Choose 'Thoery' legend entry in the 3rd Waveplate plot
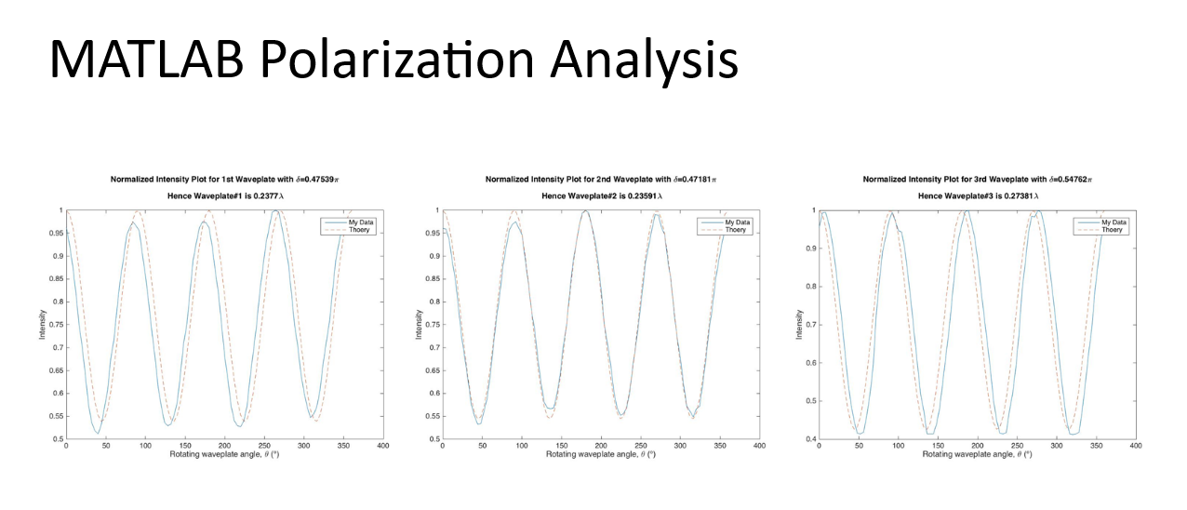(1113, 229)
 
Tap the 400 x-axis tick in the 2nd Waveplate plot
(759, 448)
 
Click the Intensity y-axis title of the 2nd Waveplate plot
(419, 324)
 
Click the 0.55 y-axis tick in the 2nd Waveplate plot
(431, 416)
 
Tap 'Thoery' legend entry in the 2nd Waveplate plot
(736, 229)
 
